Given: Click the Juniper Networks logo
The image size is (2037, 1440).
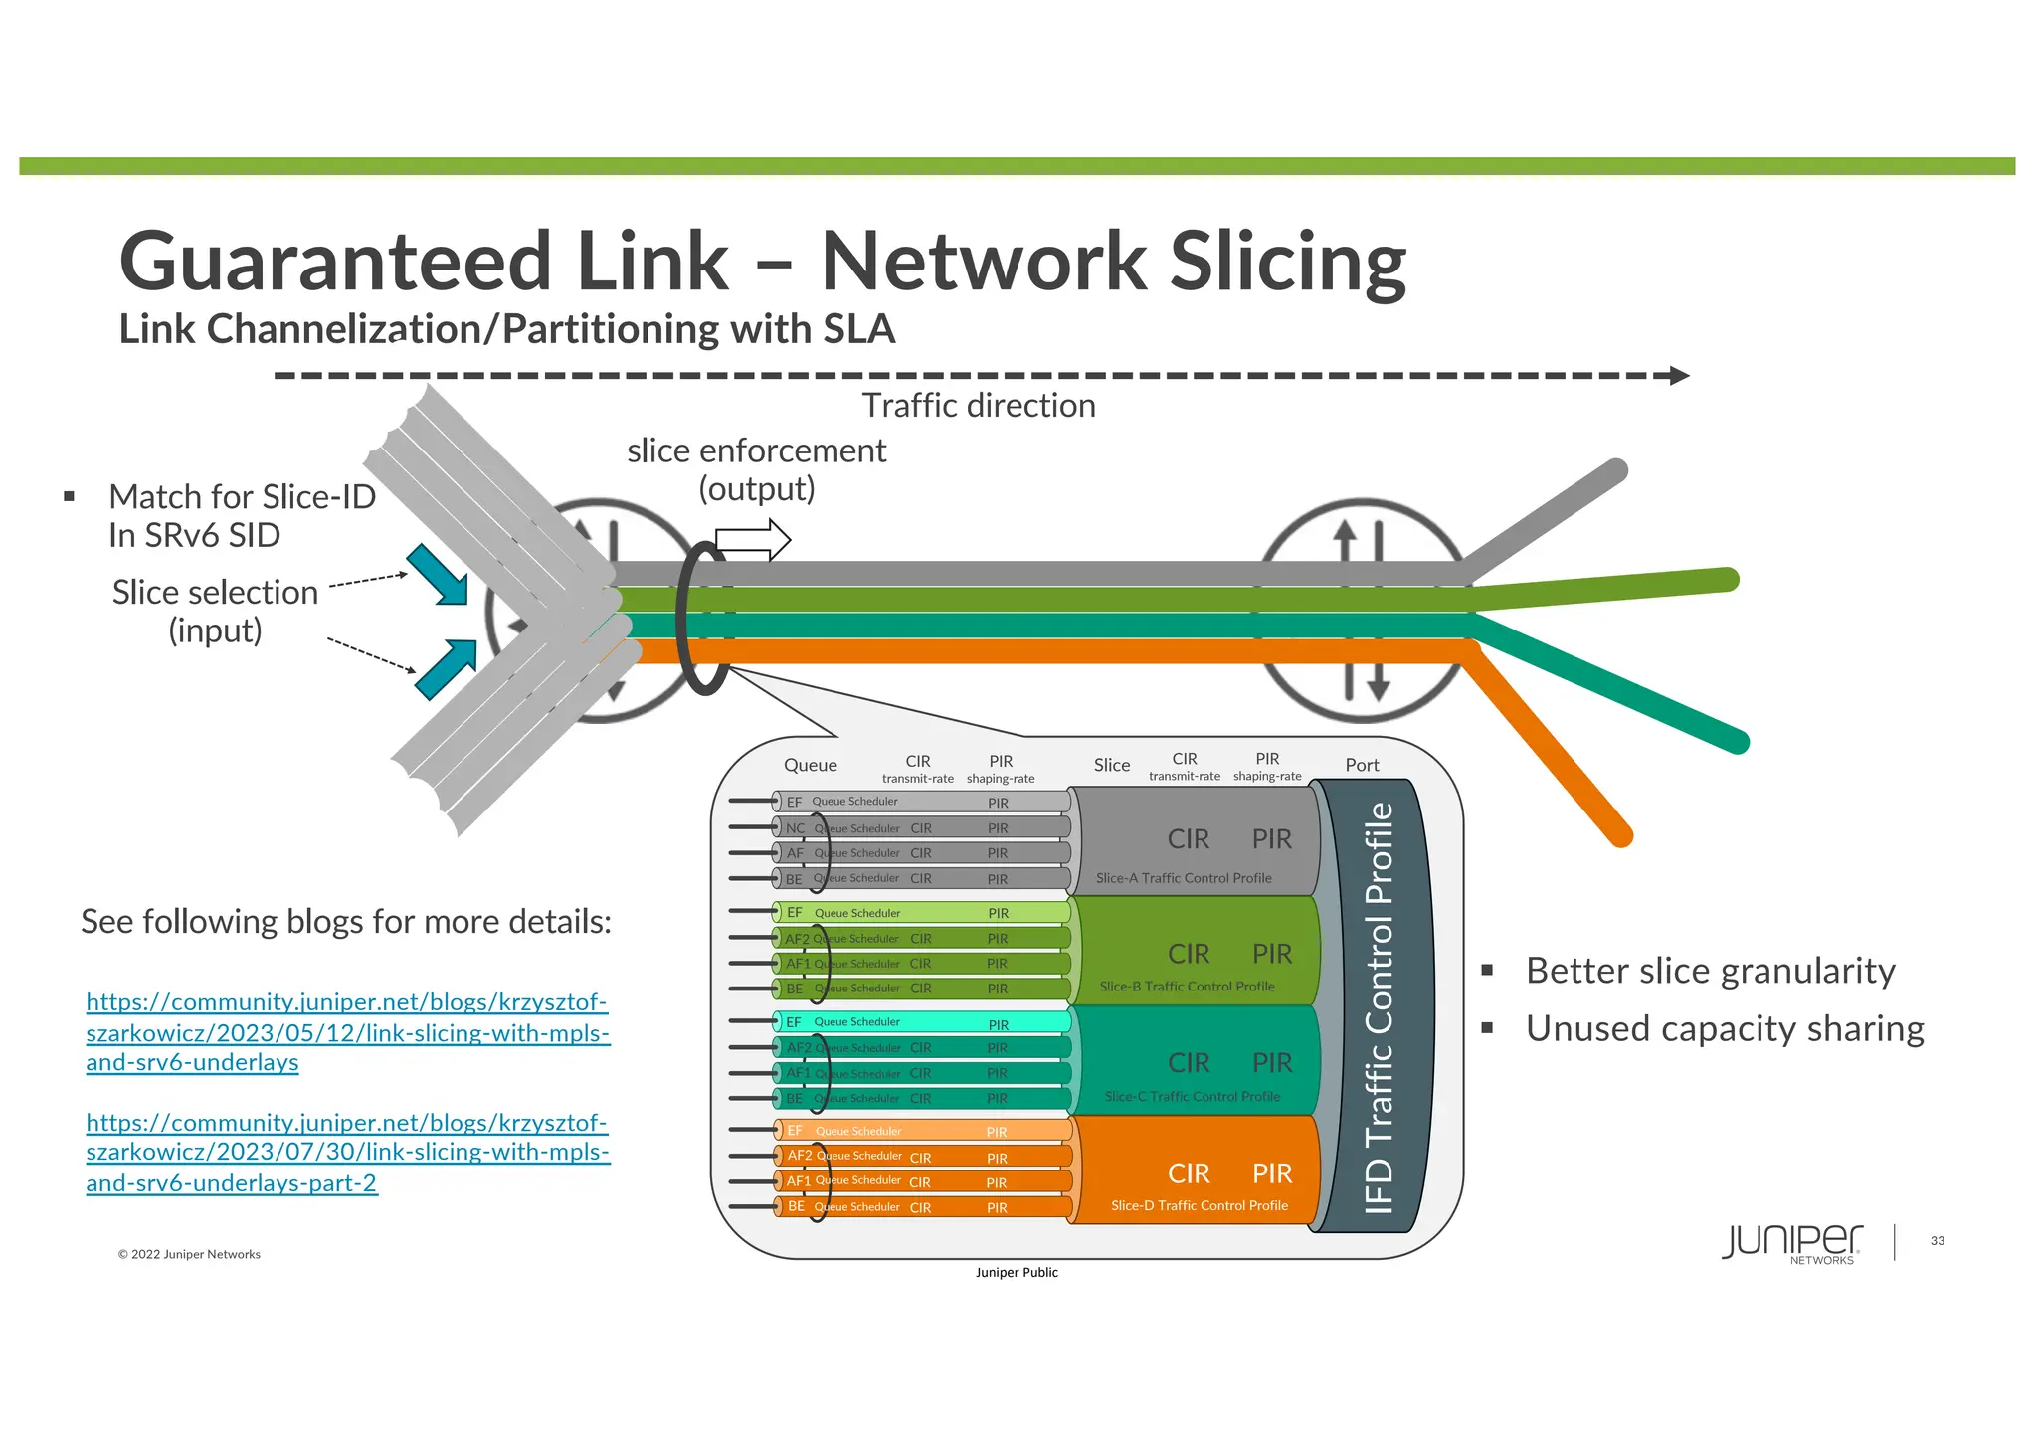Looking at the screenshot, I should click(x=1791, y=1243).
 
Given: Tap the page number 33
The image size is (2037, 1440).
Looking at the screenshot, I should click(x=1937, y=1241).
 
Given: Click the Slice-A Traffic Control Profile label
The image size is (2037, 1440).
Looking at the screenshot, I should click(x=1184, y=878).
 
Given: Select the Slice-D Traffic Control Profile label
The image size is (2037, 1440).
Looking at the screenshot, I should click(x=1199, y=1205).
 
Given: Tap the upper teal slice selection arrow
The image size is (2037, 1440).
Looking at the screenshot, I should click(x=438, y=574).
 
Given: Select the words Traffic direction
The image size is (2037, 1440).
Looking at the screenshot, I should click(x=979, y=406).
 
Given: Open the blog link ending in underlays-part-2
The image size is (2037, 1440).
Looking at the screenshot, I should click(x=347, y=1153).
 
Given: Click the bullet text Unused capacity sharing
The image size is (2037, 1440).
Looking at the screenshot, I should click(x=1725, y=1028).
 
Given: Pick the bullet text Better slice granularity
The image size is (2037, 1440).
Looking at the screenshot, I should click(x=1711, y=971).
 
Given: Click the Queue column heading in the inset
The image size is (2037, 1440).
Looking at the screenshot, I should click(x=810, y=765).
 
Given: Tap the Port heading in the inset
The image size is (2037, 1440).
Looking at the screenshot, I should click(x=1362, y=765).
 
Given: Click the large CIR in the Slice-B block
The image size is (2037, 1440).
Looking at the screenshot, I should click(x=1189, y=954).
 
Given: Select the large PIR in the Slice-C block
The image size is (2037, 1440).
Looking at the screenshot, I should click(x=1272, y=1063).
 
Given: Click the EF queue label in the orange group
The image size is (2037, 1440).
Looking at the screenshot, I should click(x=795, y=1131).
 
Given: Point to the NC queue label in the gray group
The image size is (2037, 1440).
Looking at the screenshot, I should click(x=795, y=828).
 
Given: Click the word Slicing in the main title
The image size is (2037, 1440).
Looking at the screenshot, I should click(x=1287, y=262).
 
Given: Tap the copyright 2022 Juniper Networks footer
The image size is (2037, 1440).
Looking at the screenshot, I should click(x=189, y=1254).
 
